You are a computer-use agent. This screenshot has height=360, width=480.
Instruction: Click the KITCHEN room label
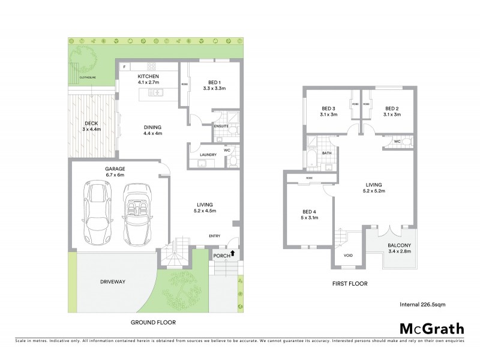(x=148, y=77)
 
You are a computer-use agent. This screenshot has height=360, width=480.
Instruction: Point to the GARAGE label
(x=114, y=169)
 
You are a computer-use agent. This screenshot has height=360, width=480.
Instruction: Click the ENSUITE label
(x=221, y=127)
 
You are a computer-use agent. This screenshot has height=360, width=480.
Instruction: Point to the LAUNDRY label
(x=208, y=155)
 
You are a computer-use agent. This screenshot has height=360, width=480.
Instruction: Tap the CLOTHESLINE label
(x=80, y=77)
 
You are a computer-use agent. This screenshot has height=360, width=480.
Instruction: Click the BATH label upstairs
(x=327, y=153)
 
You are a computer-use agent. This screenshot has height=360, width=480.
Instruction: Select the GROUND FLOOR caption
(x=153, y=322)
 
